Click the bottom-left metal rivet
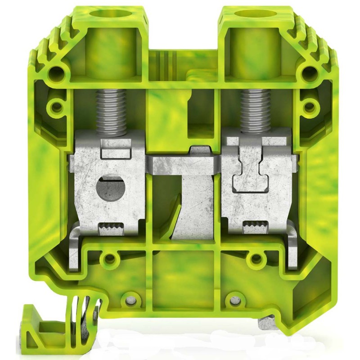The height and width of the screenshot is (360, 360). pyautogui.click(x=131, y=299)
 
